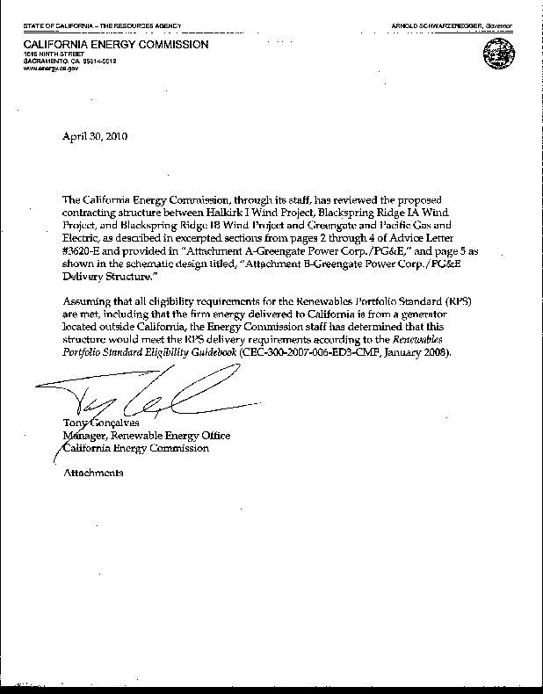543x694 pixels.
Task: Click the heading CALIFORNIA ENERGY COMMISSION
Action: coord(116,44)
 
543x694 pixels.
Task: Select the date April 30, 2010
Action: coord(96,136)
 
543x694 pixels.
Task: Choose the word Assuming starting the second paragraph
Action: coord(86,301)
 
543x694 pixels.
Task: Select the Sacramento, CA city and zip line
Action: coord(69,61)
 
